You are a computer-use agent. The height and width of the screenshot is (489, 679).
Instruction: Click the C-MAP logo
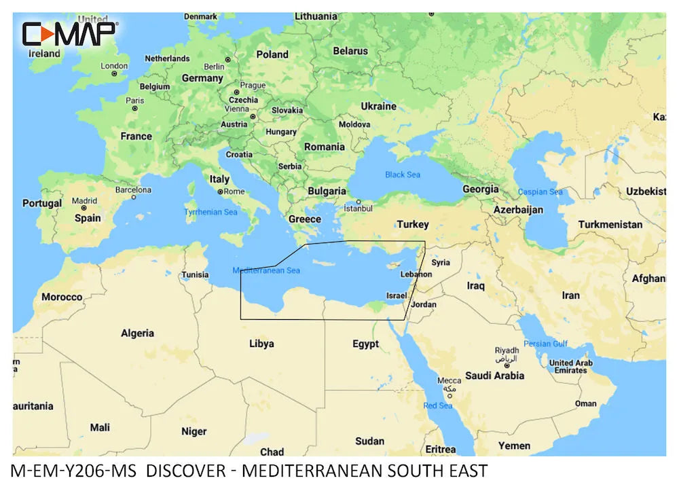click(x=69, y=34)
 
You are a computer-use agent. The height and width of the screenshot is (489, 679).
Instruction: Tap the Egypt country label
click(x=365, y=344)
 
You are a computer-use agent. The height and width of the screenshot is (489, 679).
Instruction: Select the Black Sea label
click(x=403, y=175)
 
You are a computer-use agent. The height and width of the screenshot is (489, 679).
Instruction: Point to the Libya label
click(x=261, y=344)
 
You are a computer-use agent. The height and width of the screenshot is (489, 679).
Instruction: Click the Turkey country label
click(x=413, y=224)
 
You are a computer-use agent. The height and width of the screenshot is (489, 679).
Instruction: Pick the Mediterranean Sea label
click(x=266, y=270)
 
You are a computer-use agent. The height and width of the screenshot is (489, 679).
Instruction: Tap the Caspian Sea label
click(x=540, y=192)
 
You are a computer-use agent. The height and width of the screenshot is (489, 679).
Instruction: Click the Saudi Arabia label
click(x=494, y=376)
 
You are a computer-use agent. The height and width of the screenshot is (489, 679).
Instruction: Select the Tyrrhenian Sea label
click(x=211, y=213)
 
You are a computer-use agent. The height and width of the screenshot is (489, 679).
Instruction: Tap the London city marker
click(x=114, y=73)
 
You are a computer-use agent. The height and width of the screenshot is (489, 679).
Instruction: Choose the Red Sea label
click(x=438, y=406)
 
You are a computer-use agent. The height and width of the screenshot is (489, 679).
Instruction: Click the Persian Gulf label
click(x=546, y=344)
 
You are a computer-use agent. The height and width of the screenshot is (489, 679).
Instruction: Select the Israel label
click(x=396, y=295)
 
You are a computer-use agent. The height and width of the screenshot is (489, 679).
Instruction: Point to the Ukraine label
click(x=378, y=107)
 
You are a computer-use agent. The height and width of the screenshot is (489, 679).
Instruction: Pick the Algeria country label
click(x=137, y=333)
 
